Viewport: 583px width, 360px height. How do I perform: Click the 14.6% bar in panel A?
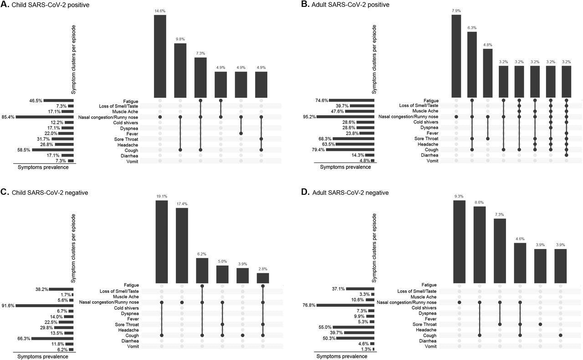(160, 56)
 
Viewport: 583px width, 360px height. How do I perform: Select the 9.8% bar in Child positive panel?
(180, 70)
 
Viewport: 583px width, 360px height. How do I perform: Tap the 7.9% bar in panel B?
(456, 56)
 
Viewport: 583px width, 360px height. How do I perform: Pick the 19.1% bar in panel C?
(162, 242)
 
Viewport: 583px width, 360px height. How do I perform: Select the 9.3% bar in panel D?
(459, 242)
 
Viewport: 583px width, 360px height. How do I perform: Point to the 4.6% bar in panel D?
(520, 263)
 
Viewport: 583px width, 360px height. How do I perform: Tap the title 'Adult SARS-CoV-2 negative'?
(350, 193)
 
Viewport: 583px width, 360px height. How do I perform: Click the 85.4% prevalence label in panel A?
(8, 117)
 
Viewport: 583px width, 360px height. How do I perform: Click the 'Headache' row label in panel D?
(426, 330)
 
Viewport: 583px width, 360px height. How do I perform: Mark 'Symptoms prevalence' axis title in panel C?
(43, 356)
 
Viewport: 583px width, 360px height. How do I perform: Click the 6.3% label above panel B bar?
(472, 28)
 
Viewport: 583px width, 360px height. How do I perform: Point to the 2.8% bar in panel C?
(263, 278)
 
